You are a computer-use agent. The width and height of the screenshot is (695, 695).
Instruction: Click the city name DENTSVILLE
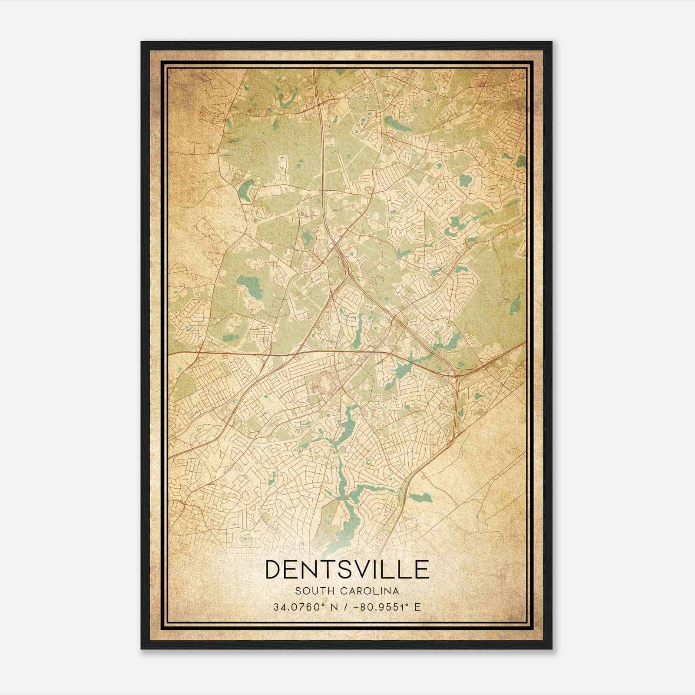coord(347,569)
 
